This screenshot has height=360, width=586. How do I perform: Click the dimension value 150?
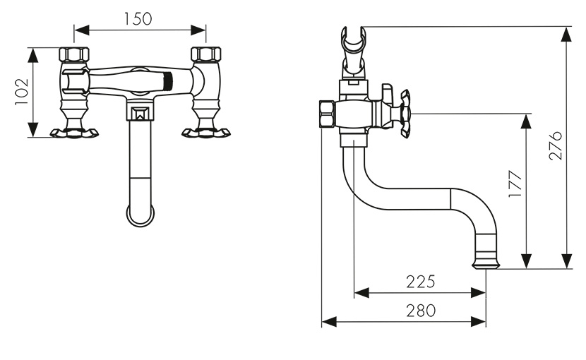[138, 19]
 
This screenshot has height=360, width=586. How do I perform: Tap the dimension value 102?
[22, 92]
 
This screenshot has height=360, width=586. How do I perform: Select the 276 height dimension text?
[556, 145]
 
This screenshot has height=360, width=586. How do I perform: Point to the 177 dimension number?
[515, 184]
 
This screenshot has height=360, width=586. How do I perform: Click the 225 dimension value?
[421, 282]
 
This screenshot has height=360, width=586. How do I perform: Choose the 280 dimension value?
[421, 311]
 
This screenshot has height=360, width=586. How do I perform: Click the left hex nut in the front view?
[74, 54]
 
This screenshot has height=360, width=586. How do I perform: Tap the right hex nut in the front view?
[206, 54]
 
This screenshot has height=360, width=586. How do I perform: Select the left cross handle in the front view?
[74, 133]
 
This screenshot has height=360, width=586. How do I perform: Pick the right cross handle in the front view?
[206, 133]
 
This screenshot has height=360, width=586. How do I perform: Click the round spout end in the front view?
[140, 216]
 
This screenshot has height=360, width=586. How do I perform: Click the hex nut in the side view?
[328, 114]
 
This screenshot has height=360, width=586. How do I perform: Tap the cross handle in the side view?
[405, 113]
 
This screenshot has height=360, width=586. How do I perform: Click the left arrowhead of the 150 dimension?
[81, 30]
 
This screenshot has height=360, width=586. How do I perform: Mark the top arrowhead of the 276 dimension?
[567, 35]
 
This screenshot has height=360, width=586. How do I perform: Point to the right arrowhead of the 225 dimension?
[479, 293]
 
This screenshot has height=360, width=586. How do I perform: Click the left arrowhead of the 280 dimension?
[329, 321]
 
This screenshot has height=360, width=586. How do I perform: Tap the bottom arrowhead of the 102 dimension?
[33, 129]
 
